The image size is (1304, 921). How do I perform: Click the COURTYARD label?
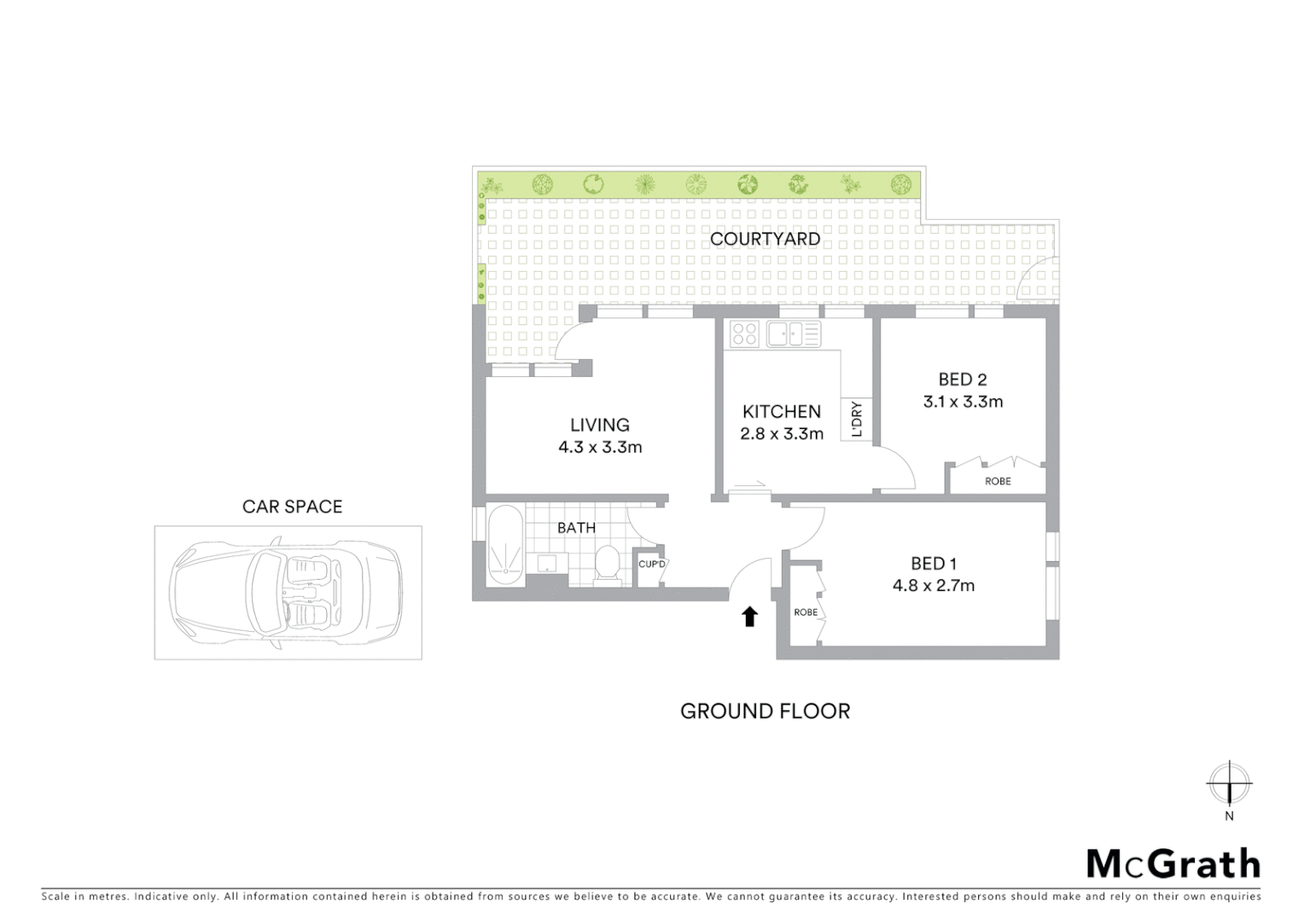(765, 239)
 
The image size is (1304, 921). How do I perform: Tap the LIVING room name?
(600, 425)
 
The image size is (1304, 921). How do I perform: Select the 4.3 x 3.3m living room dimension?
(600, 447)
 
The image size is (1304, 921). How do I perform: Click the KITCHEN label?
(781, 411)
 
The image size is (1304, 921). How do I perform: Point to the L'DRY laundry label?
(857, 419)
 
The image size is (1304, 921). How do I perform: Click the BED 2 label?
(963, 379)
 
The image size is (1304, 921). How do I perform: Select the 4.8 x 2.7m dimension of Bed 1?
(934, 586)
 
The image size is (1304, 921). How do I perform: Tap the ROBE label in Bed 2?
(998, 482)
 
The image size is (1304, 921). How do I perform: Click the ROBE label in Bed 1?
(805, 612)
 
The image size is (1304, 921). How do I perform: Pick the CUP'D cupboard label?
(651, 564)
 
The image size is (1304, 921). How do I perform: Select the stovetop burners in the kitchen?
(744, 333)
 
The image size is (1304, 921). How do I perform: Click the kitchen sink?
(793, 333)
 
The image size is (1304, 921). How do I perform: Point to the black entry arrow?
(749, 617)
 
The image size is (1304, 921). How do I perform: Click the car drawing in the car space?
(287, 593)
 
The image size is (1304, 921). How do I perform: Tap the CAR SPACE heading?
(292, 507)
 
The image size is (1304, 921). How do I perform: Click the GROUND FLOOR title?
(765, 711)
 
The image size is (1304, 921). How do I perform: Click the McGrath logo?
(1173, 864)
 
